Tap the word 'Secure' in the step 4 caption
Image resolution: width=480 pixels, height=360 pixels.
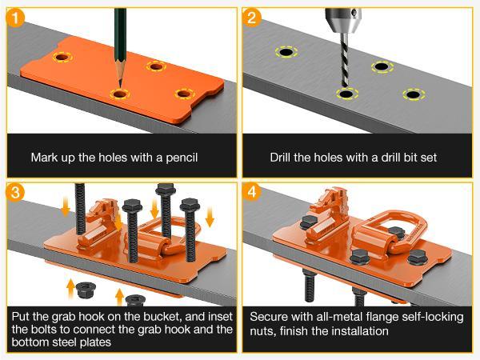tap(269, 316)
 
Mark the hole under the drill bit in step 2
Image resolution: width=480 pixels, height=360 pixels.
tap(346, 94)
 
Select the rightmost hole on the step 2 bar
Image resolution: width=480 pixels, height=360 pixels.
tap(412, 95)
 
